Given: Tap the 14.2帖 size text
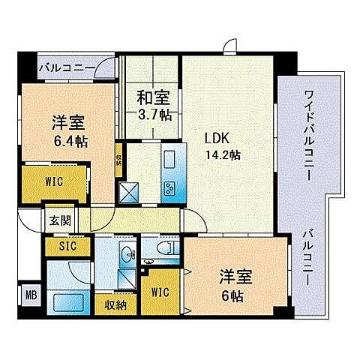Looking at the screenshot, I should (x=224, y=154).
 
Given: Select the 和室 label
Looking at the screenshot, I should (x=152, y=97).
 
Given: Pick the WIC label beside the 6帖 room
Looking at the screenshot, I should (x=161, y=292).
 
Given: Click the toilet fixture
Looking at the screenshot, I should (x=167, y=248).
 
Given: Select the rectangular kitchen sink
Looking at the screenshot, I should (x=168, y=160).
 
